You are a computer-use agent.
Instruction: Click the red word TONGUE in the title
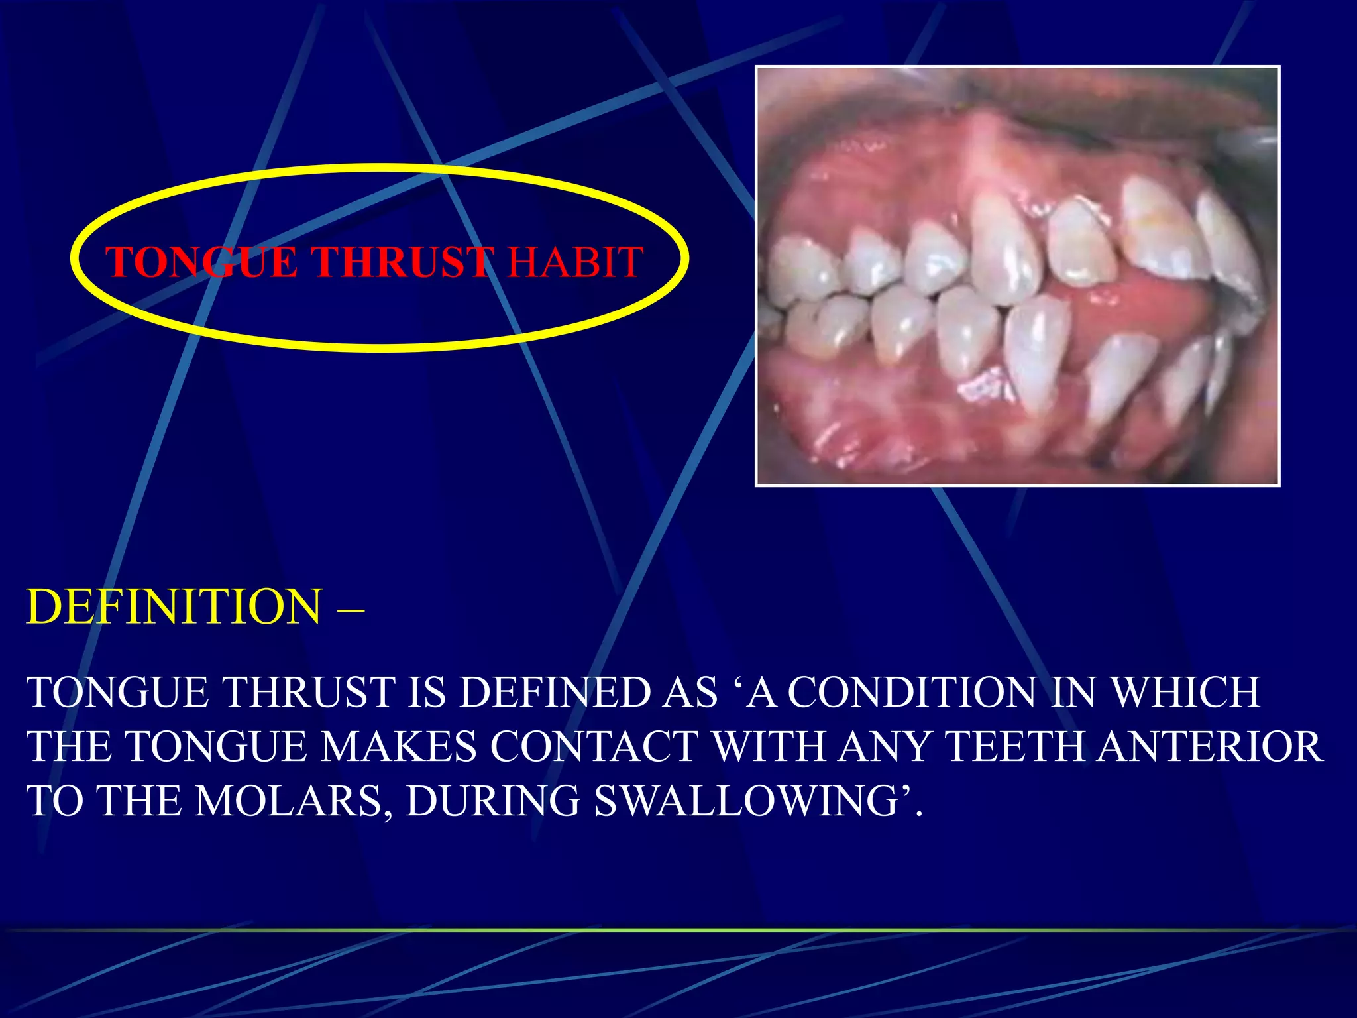(x=201, y=262)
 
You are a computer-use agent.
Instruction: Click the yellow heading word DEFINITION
(x=174, y=606)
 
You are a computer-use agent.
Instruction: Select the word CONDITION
(x=912, y=693)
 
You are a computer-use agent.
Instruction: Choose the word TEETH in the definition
(x=1014, y=747)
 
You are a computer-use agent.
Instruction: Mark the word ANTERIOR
(x=1210, y=747)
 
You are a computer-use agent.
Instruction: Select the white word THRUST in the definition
(x=308, y=693)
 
